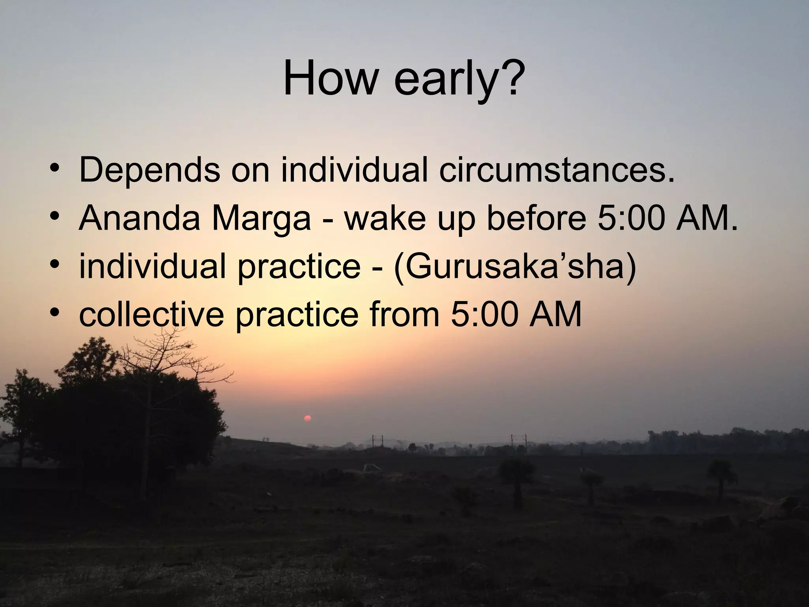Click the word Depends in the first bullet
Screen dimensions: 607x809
pos(149,170)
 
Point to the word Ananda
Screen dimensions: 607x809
pos(139,219)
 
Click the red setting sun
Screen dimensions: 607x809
pos(307,418)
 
